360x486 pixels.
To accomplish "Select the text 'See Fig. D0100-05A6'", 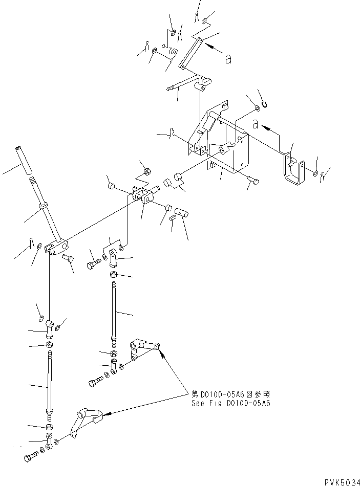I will pos(230,403).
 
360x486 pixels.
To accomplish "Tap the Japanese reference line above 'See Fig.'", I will pos(230,394).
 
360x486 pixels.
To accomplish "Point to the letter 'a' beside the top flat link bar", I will pos(228,59).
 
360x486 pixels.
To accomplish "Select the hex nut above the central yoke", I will pos(146,171).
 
